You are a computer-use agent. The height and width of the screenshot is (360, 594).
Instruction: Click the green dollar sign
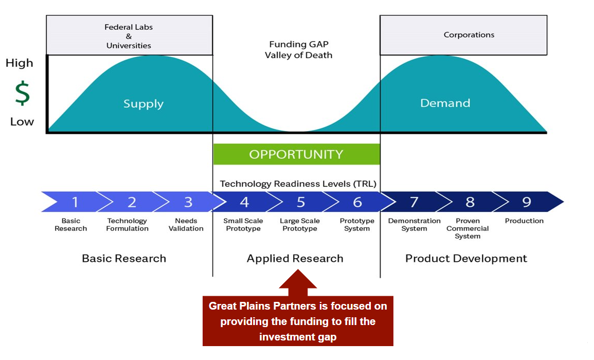coord(22,93)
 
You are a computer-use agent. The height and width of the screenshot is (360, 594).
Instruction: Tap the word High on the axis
coord(19,63)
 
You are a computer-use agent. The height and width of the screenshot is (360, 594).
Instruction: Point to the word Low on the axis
coord(22,122)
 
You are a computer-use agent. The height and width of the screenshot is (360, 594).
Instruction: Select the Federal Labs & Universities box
coord(129,35)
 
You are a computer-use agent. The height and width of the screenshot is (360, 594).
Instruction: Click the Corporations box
coord(463,35)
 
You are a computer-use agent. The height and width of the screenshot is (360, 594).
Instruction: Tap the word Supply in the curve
coord(143,104)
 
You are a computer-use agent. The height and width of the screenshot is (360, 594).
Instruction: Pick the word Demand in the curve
coord(445,103)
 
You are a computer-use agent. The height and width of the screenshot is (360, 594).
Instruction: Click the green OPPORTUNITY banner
coord(296,154)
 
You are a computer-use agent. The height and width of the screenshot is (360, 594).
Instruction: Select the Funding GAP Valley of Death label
coord(298,50)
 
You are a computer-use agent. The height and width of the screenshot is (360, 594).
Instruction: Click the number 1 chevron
coord(75,202)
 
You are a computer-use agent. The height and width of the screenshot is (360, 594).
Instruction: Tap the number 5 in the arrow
coord(301,202)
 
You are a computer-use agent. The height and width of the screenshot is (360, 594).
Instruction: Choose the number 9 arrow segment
coord(527,202)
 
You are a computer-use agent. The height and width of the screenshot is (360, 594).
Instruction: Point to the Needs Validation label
coord(186,225)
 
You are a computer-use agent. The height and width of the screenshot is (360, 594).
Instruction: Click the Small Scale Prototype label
coord(243,225)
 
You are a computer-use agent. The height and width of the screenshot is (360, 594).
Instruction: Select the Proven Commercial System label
coord(467,228)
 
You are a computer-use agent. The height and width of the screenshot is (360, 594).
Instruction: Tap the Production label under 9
coord(524,221)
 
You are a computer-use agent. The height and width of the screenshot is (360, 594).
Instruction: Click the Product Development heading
coord(466,259)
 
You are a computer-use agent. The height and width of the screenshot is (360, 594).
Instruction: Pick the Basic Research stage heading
coord(124,259)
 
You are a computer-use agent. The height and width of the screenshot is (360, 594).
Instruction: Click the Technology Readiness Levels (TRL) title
coord(298,184)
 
